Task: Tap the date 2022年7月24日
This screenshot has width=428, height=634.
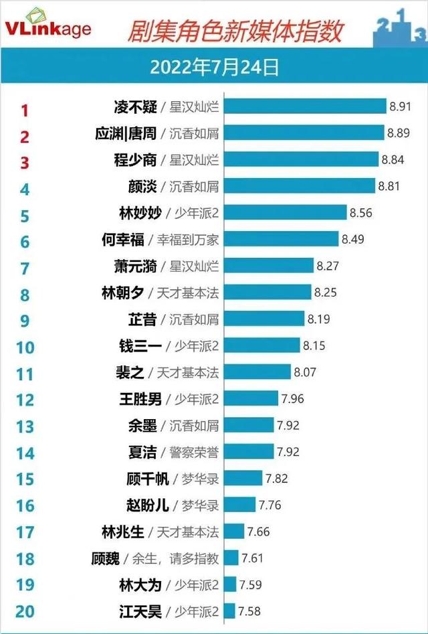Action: pyautogui.click(x=214, y=68)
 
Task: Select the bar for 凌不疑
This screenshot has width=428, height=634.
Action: pyautogui.click(x=304, y=106)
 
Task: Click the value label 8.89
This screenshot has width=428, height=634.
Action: pyautogui.click(x=399, y=133)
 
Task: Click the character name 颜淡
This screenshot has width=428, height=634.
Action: pyautogui.click(x=142, y=186)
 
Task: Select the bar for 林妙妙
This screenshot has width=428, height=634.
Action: pyautogui.click(x=285, y=213)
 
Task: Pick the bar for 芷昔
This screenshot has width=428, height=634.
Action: pyautogui.click(x=263, y=319)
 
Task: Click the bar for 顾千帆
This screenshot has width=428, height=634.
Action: pyautogui.click(x=243, y=478)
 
